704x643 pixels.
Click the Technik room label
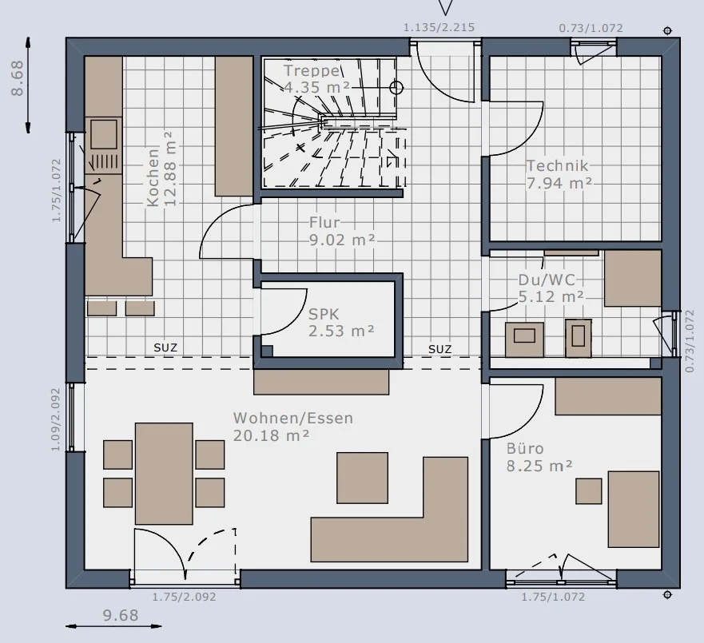point(557,165)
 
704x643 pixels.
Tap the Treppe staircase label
point(312,70)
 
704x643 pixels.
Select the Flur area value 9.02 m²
point(342,240)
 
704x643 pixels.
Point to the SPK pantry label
point(324,314)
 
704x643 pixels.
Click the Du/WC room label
point(547,280)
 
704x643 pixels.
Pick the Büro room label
point(525,448)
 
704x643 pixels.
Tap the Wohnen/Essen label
point(292,419)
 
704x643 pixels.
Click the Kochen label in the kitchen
point(153,177)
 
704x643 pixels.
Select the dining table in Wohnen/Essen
point(164,474)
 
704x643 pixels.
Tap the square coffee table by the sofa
point(362,478)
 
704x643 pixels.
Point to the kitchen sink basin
point(104,135)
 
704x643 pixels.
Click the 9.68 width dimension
point(121,615)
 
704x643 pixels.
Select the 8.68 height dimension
point(17,78)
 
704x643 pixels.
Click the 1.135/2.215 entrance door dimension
point(439,27)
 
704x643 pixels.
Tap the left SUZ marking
point(165,347)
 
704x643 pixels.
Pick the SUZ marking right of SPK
point(440,349)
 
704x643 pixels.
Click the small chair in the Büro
point(589,491)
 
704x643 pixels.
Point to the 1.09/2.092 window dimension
point(56,419)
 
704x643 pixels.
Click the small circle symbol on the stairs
point(396,88)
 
